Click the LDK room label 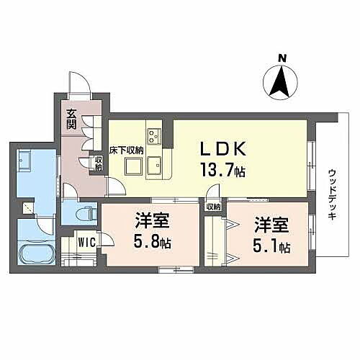pos(223,148)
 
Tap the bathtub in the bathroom pos(34,254)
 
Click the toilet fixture pos(85,214)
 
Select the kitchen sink pos(153,167)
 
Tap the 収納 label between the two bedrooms pos(213,207)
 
